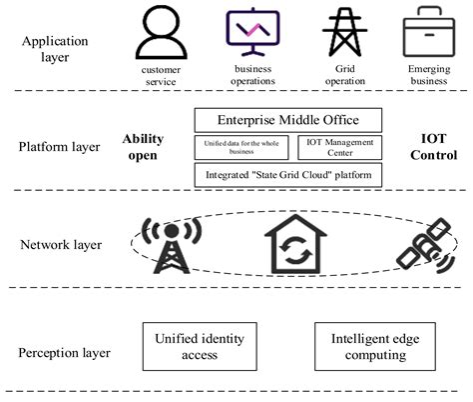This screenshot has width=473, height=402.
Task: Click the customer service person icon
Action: (x=163, y=35)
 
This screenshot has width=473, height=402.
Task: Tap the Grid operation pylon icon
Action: (x=344, y=33)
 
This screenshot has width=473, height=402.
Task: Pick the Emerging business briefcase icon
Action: (x=426, y=32)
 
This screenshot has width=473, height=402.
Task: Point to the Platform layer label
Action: (x=59, y=147)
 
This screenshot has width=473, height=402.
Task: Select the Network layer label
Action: (x=57, y=243)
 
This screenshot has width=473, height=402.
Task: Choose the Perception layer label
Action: (x=63, y=352)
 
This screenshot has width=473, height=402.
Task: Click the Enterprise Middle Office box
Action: (x=287, y=121)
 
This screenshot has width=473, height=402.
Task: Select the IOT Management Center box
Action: (x=338, y=148)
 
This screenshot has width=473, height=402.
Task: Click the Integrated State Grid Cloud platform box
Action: (x=287, y=175)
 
